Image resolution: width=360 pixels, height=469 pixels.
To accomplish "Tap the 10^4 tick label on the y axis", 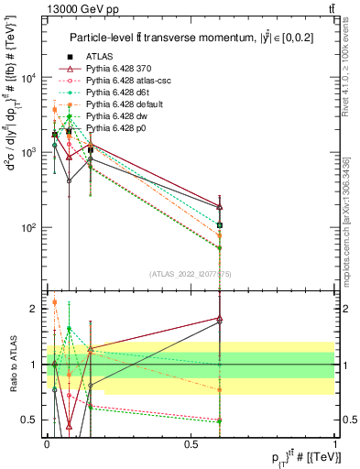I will [27, 78].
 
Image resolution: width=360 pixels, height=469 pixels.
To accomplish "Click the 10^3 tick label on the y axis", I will [27, 152].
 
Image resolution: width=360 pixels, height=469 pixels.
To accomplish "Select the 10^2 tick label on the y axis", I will [27, 227].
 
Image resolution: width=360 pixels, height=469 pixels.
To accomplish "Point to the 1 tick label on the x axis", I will [334, 443].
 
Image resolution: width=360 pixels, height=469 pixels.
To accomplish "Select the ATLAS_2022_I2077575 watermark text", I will [190, 274].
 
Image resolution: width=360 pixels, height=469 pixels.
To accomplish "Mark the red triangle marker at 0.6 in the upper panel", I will [219, 206].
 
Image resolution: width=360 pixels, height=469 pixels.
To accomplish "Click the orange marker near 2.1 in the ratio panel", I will [54, 301].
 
